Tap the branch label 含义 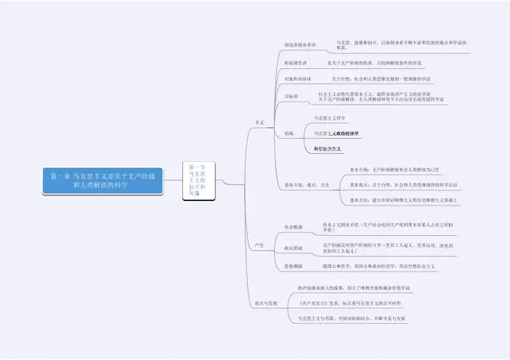(x=259, y=122)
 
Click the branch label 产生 (x=259, y=245)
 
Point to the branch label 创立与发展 (x=266, y=302)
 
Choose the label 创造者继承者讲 (x=300, y=45)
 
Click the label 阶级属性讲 (x=296, y=63)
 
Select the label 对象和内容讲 (x=298, y=78)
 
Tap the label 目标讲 (x=291, y=96)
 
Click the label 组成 (x=289, y=134)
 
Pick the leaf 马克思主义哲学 (x=329, y=118)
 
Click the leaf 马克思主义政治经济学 (x=336, y=134)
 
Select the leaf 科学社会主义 (x=328, y=149)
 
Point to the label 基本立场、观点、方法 (x=307, y=184)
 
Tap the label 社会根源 (x=294, y=227)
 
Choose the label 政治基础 (x=294, y=248)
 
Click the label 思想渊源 (x=294, y=266)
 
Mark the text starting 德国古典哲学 (x=379, y=266)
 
